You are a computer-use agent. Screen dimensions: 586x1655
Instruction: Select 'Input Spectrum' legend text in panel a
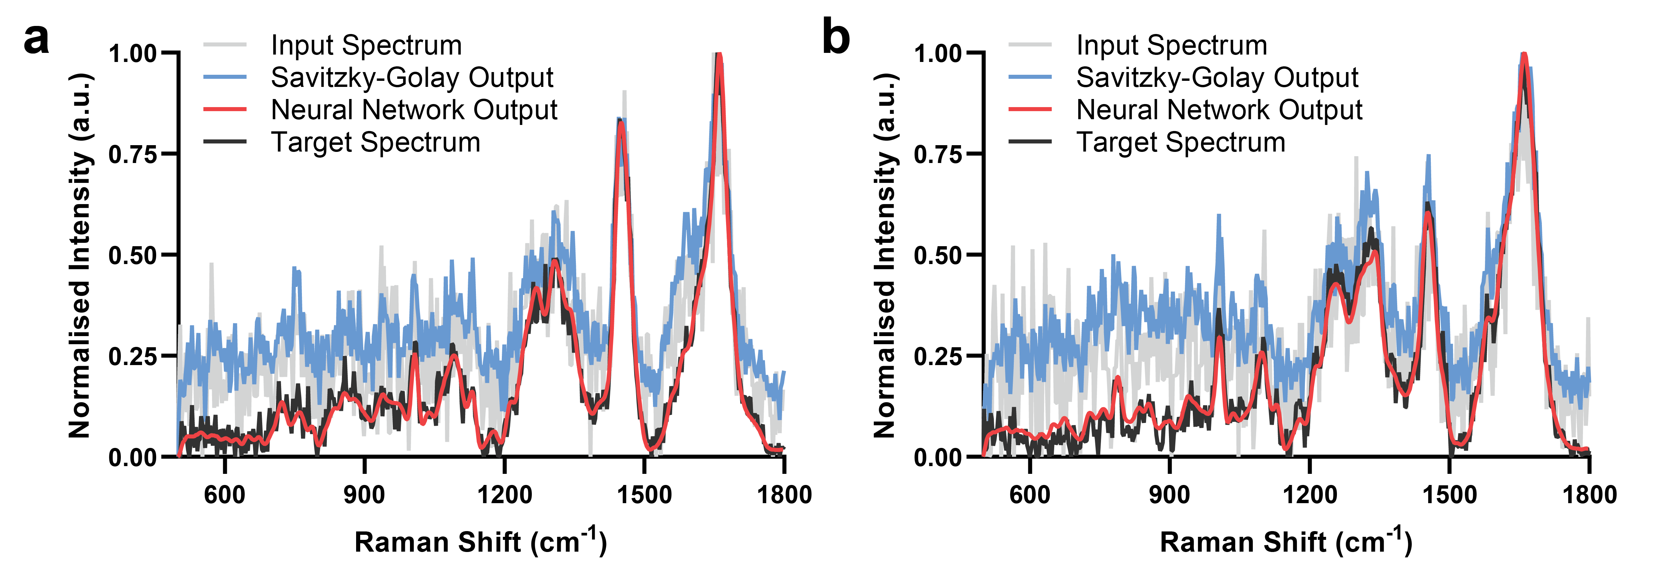coord(366,45)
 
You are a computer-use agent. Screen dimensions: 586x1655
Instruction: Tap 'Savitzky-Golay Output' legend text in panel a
coord(412,78)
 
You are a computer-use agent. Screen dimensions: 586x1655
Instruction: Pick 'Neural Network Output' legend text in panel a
coord(414,110)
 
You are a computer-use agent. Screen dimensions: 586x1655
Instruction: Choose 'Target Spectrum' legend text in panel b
coord(1181,142)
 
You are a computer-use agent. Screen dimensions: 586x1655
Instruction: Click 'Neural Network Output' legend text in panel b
coord(1219,110)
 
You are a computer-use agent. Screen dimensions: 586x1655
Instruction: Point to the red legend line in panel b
coord(1030,110)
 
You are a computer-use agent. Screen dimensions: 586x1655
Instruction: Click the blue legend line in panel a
coord(225,78)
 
